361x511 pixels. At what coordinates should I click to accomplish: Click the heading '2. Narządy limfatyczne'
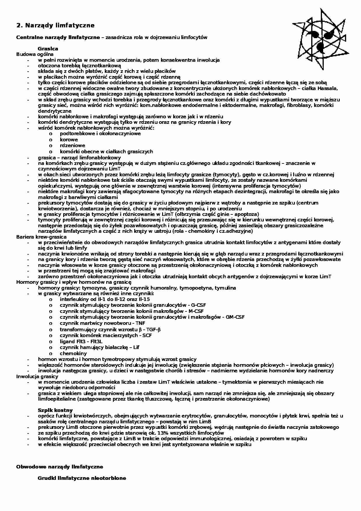55,25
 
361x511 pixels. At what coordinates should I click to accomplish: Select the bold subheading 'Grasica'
48,49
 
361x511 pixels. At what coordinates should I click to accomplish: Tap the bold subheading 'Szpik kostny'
55,410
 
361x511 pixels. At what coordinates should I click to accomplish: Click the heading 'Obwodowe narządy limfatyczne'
59,467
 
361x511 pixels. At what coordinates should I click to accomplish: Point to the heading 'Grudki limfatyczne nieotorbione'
82,478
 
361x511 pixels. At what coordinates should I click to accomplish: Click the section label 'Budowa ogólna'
35,54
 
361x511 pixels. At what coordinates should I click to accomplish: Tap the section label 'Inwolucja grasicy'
37,376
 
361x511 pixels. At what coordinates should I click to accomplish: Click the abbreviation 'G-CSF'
198,305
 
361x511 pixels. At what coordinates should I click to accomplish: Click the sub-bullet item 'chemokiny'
73,353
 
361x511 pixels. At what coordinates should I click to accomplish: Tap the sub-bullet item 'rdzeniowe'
72,145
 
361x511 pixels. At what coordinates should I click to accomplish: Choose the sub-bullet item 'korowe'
69,140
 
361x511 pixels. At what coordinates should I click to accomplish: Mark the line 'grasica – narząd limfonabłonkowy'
79,158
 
